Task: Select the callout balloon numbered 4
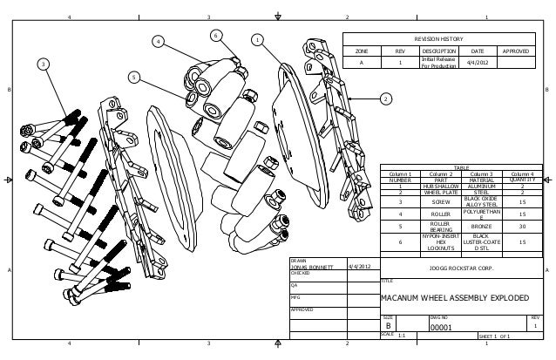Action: tap(159, 41)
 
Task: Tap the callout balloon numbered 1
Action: tap(257, 39)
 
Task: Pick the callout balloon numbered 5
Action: tap(134, 78)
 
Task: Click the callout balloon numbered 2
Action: tap(385, 98)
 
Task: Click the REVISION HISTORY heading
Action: tap(438, 39)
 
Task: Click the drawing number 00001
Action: tap(439, 328)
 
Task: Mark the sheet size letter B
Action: tap(389, 328)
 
